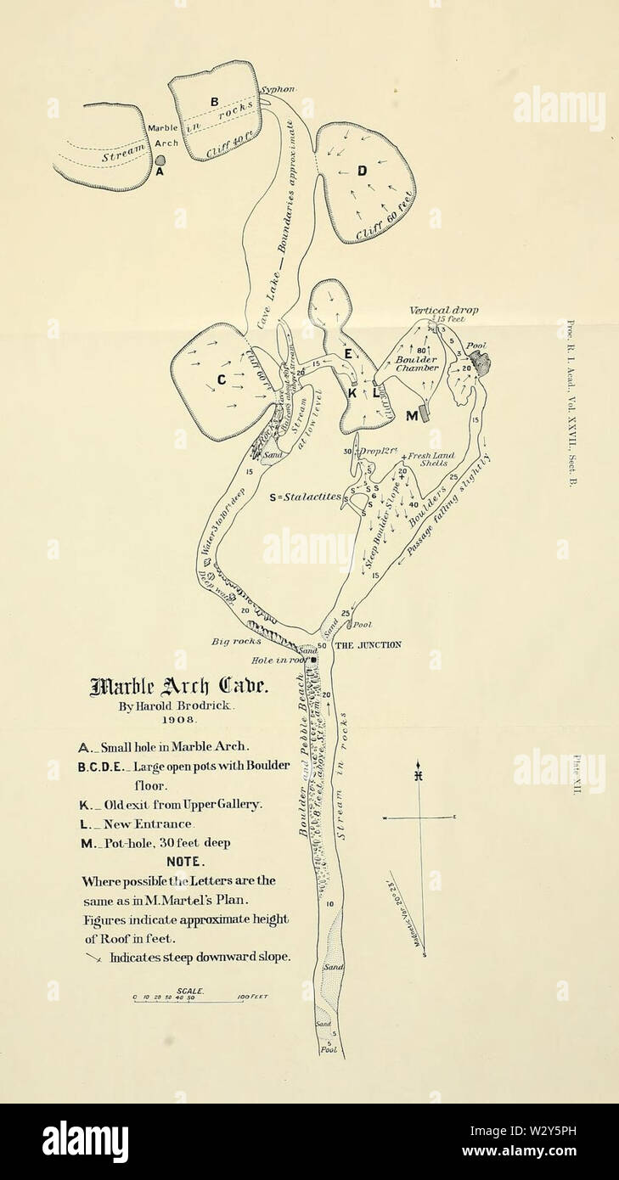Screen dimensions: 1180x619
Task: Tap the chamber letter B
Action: pos(214,102)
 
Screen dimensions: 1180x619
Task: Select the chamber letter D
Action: pos(362,171)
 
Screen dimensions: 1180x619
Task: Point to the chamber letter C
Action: pos(222,379)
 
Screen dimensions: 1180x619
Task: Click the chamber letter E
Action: pos(347,352)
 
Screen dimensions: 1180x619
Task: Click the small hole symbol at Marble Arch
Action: pos(160,159)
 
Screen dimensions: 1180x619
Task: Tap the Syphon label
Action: pos(278,89)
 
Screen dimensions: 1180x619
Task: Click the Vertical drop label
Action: pos(443,311)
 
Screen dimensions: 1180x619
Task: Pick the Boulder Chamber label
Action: pos(417,363)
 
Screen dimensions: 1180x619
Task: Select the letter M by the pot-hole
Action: pos(412,415)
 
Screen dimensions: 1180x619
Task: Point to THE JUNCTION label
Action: pos(368,645)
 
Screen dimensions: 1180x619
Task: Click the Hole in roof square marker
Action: pos(313,660)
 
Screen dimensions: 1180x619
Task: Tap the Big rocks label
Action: pos(236,643)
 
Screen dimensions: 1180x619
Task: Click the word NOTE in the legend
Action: pos(183,861)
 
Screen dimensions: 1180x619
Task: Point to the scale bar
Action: pos(200,1002)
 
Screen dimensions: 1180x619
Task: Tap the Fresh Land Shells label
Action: pos(433,459)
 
